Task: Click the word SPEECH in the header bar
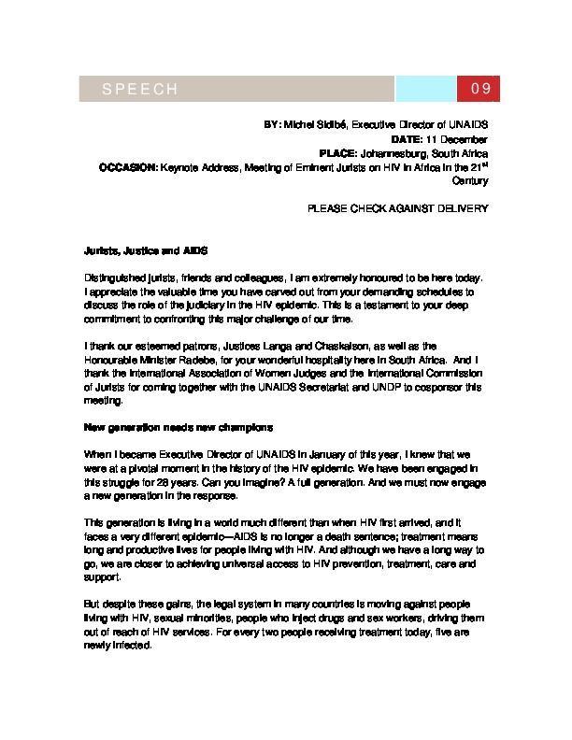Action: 139,89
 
